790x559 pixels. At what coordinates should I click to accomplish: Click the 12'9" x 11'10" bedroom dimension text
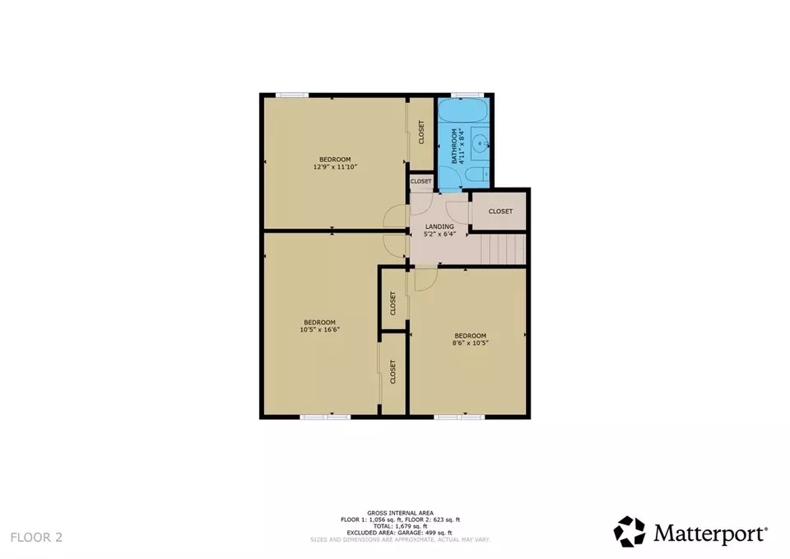coord(335,167)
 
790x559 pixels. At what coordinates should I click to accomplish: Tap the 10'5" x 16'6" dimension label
coord(319,329)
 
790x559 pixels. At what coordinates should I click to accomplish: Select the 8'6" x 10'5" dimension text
coord(470,343)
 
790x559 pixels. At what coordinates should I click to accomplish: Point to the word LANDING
coord(439,226)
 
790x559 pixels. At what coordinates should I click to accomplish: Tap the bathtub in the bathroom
coord(463,112)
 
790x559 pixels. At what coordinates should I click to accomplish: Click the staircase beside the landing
coord(503,249)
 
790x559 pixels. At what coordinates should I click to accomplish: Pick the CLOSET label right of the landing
coord(500,212)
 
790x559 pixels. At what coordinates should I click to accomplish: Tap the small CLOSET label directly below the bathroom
coord(421,181)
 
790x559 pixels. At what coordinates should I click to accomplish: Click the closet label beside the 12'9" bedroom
coord(421,132)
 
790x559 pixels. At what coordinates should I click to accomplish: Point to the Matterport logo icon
coord(630,532)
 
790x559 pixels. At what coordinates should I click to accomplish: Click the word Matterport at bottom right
coord(711,533)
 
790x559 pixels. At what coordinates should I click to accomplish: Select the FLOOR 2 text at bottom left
coord(36,538)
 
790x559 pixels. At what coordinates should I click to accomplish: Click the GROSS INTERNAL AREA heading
coord(394,513)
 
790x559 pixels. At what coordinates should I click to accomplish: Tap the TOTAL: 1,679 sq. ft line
coord(394,527)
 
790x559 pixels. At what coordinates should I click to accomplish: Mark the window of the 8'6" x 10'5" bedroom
coord(459,417)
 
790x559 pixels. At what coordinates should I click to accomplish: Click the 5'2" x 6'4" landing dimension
coord(439,235)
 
